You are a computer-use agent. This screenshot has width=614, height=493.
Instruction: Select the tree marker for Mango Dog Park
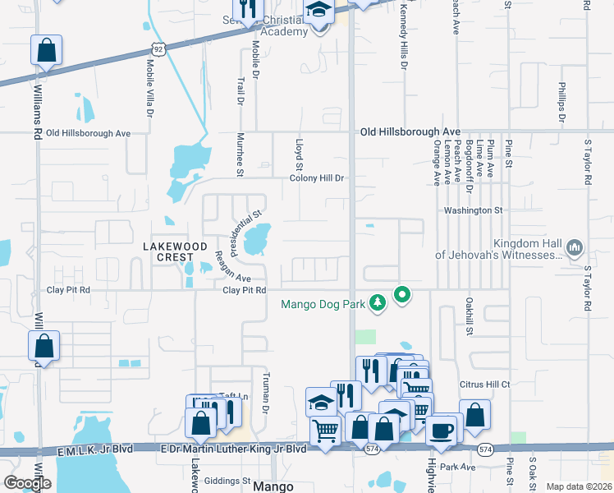coord(378,303)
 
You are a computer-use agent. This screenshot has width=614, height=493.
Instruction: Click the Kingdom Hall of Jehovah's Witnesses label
coord(497,249)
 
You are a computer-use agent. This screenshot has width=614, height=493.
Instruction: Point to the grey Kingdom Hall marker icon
coord(575,246)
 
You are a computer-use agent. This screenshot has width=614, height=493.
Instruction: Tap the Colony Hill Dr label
coord(318,178)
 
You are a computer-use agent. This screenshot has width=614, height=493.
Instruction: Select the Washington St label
coord(473,210)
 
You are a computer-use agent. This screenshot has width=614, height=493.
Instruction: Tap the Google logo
coord(27,482)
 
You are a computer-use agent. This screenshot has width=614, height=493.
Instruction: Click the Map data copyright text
coord(579,486)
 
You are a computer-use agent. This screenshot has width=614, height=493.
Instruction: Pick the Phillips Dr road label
coord(562,96)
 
